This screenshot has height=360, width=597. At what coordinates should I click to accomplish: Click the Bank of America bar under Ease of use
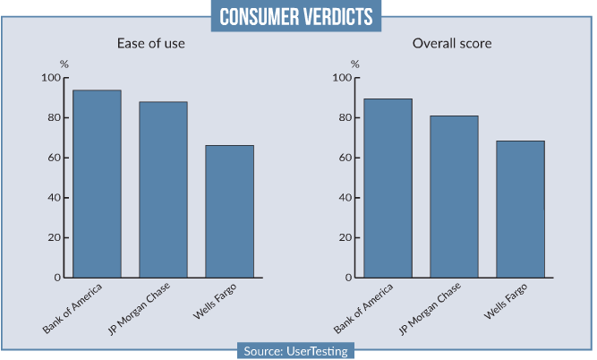tap(97, 184)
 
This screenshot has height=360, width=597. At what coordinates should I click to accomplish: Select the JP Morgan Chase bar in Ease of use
tap(163, 189)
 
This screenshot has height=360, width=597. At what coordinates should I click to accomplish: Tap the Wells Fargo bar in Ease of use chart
tap(229, 211)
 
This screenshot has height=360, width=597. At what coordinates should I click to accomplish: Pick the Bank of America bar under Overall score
tap(388, 188)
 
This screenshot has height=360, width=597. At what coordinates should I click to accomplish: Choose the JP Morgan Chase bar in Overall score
tap(455, 196)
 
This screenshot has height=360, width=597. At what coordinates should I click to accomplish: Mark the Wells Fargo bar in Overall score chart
tap(520, 209)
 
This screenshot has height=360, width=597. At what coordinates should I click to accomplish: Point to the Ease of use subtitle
tap(151, 44)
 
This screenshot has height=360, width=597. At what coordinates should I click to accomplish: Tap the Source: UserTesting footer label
tap(297, 350)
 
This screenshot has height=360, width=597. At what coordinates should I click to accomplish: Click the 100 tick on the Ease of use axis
tap(50, 78)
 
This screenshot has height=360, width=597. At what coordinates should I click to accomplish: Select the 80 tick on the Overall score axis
tap(345, 118)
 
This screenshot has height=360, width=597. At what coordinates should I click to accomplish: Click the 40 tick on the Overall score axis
tap(345, 198)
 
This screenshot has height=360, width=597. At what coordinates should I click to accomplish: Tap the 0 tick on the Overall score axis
tap(347, 278)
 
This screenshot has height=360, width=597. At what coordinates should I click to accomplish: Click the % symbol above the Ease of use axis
tap(64, 64)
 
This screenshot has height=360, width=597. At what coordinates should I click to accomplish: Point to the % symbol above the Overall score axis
tap(355, 64)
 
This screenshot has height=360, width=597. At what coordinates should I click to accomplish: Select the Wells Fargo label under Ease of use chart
tap(214, 304)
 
